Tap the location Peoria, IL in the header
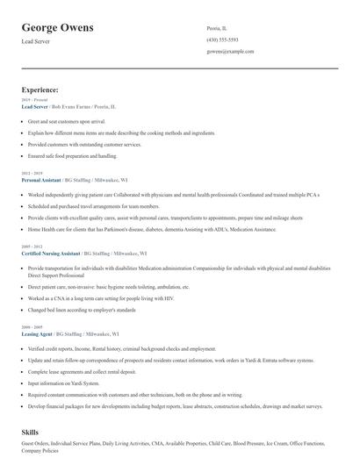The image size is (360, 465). tap(217, 27)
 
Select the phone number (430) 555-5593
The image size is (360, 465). tap(222, 39)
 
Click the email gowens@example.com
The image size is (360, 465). tap(230, 52)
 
